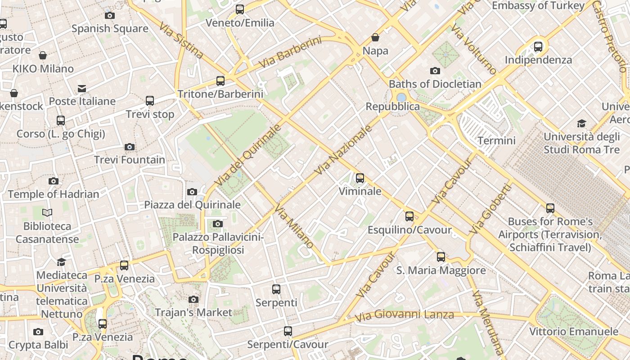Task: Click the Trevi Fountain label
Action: [130, 160]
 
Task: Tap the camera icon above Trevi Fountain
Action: [130, 147]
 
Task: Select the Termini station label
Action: [496, 140]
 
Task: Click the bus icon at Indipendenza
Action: [538, 46]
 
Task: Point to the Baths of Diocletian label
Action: [435, 84]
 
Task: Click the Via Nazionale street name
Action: [344, 150]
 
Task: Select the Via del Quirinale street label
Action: [247, 155]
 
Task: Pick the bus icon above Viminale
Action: [360, 178]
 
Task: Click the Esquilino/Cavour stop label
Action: [409, 230]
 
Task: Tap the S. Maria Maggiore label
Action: [441, 270]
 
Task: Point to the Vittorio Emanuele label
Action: [574, 332]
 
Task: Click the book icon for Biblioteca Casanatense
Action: [47, 212]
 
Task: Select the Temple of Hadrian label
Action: [54, 194]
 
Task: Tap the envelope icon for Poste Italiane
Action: [82, 88]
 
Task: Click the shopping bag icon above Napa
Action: [375, 37]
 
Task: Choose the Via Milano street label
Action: [294, 226]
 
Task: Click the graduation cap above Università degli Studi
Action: [582, 123]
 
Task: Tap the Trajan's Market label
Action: [193, 312]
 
